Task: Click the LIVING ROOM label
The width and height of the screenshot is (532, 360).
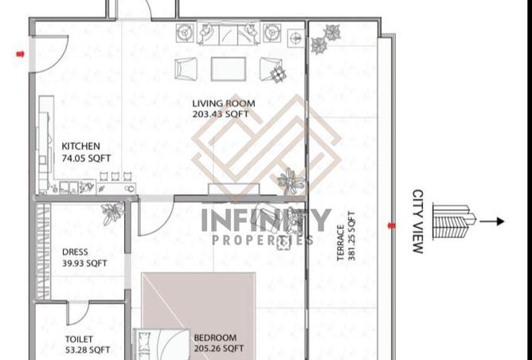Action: pos(224,104)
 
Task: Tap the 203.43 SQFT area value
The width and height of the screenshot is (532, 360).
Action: pos(221,114)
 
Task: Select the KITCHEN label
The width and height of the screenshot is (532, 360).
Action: pos(80,147)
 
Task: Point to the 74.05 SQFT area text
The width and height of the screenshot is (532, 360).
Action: pos(86,158)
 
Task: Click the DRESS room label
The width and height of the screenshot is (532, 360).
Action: pos(75,252)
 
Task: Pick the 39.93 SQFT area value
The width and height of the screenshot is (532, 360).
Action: pos(84,264)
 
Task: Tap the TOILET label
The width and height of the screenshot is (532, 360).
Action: pos(79,339)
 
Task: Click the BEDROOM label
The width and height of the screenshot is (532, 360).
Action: pos(215,338)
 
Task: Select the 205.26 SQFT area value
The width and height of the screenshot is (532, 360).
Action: pos(218,349)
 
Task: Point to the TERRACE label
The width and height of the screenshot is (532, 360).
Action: pos(341,243)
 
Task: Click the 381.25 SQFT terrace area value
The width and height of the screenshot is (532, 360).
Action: pos(351,236)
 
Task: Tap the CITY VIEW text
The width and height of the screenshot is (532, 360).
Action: pos(418,221)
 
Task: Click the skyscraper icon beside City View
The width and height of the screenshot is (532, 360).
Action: pos(454,221)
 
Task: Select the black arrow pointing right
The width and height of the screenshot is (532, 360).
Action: pos(492,221)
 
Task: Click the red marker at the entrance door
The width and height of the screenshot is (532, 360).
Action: pos(21,54)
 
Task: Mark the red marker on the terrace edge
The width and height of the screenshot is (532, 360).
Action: pos(392,225)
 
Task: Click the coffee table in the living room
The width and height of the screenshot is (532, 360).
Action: pos(229,69)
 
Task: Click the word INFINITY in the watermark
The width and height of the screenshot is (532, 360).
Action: pos(266,220)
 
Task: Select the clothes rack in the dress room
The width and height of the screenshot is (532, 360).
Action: pos(44,252)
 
